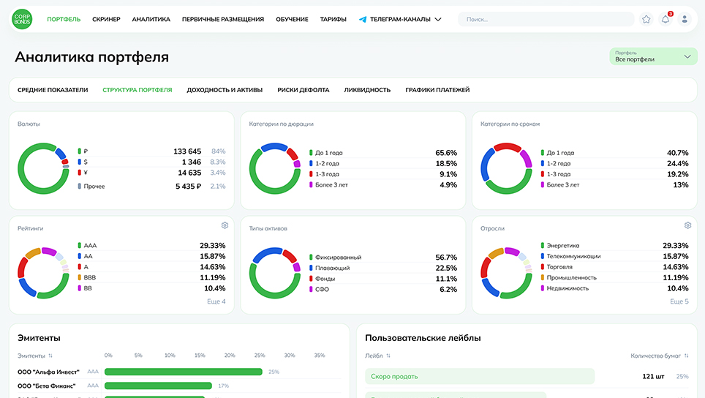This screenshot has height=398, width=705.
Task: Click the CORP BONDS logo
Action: coord(22,19)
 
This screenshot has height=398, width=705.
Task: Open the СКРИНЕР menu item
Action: coord(106,20)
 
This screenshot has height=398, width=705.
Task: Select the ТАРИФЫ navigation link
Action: coord(333,20)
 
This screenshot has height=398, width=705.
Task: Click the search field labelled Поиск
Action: coord(545,20)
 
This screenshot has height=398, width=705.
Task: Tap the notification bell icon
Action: coord(666,20)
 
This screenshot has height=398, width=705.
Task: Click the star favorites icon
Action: coord(646,20)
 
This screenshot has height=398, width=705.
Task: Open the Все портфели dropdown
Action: coord(653,56)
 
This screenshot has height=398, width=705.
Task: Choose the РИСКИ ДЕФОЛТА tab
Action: coord(303,90)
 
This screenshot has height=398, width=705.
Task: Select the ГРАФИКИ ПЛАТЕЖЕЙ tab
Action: coord(437,90)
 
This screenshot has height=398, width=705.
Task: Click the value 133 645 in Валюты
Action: coord(187,151)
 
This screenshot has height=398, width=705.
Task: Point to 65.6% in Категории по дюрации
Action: coord(445,153)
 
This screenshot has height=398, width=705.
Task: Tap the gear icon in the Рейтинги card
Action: coord(225,225)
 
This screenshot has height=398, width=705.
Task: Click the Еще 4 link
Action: coord(216,301)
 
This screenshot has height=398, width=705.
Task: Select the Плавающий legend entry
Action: coord(332,268)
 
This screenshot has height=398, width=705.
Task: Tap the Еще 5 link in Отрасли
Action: coord(679,301)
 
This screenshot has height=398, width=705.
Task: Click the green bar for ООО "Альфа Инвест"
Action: coord(184,372)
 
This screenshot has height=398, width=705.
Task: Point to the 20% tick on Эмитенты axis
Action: coord(230,356)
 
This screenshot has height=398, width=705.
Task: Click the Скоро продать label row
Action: coord(479,376)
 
